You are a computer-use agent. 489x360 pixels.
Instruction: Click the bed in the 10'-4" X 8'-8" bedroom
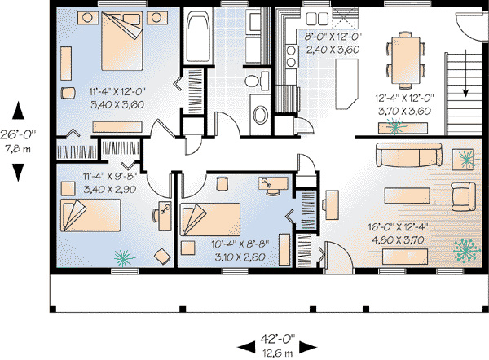pos(209,220)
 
